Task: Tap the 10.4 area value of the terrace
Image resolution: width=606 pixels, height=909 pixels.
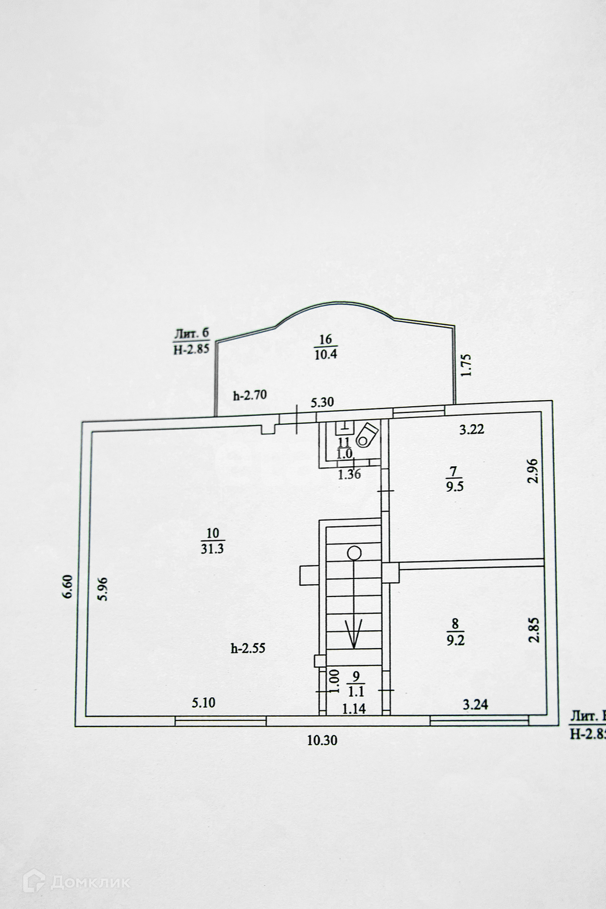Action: pyautogui.click(x=326, y=354)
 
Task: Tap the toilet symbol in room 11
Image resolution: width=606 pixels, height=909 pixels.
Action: pyautogui.click(x=367, y=434)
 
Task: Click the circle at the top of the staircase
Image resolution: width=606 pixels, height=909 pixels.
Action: pyautogui.click(x=354, y=553)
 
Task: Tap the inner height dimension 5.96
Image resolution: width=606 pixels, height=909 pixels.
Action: pyautogui.click(x=105, y=588)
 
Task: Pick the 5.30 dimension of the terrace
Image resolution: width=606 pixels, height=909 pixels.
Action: pyautogui.click(x=322, y=402)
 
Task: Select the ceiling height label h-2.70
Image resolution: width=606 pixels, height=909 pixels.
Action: pyautogui.click(x=250, y=396)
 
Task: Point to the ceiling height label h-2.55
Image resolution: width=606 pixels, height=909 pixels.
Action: pyautogui.click(x=248, y=649)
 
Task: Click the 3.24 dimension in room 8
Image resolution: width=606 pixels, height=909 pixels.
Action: pyautogui.click(x=475, y=704)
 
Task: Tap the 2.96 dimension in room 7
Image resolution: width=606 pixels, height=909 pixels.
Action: pyautogui.click(x=534, y=470)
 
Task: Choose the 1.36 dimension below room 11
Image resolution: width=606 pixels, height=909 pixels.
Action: pyautogui.click(x=349, y=474)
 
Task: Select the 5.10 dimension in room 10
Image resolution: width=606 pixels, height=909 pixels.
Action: pyautogui.click(x=203, y=703)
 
